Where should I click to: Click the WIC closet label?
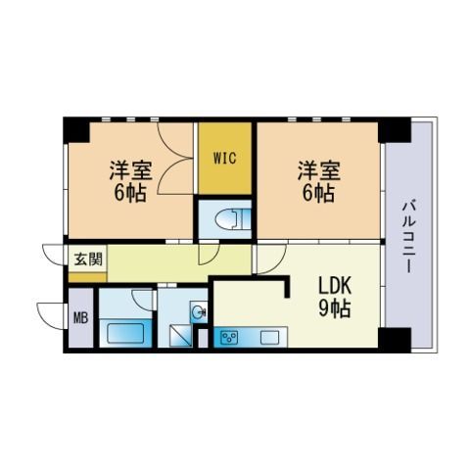[225, 159]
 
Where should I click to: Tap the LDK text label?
[335, 286]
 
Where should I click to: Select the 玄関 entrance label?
[88, 259]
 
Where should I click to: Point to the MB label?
[80, 317]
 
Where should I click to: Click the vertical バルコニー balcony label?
[408, 237]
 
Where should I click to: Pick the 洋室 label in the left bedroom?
[130, 170]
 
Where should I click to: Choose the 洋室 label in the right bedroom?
[318, 170]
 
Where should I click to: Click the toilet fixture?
[233, 218]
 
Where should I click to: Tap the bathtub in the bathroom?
[125, 333]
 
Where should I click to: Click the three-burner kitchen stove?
[229, 337]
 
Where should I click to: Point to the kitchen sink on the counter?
[269, 337]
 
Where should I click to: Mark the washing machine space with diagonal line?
[180, 336]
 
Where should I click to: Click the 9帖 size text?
[335, 308]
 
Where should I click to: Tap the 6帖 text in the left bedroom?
[130, 193]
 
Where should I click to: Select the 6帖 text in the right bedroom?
[318, 193]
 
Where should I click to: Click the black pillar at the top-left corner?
[76, 129]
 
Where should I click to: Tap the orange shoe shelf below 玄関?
[87, 277]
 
